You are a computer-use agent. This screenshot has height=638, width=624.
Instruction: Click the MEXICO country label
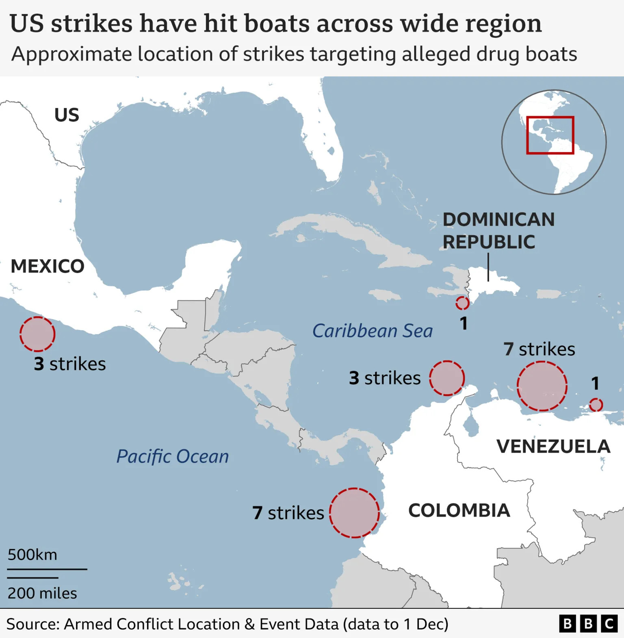(x=48, y=267)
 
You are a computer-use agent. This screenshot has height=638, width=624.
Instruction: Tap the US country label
(x=67, y=115)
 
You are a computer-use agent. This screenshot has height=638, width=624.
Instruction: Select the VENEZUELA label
(x=553, y=447)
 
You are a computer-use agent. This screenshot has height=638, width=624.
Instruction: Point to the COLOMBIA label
(x=459, y=510)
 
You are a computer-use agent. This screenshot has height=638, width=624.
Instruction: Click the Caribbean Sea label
(x=372, y=331)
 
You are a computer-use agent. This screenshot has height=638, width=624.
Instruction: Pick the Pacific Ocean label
(x=172, y=456)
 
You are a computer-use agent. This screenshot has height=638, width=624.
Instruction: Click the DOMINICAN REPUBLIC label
(x=498, y=230)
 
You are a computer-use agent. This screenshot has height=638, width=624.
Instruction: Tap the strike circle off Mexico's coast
(x=37, y=334)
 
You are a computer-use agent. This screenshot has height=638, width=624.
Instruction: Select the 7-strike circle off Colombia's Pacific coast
(x=354, y=513)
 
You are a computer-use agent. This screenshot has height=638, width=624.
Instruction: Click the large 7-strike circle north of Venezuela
(x=542, y=386)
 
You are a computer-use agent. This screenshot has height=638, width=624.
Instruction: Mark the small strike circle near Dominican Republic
(x=462, y=303)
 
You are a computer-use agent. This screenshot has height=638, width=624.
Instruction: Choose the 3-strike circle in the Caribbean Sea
(x=447, y=378)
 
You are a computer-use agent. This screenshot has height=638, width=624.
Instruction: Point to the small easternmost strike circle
(x=596, y=405)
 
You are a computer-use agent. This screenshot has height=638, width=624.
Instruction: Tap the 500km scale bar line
(x=47, y=569)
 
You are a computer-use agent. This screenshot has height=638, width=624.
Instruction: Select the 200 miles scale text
(x=42, y=593)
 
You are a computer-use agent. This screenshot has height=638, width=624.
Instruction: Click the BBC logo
(x=588, y=624)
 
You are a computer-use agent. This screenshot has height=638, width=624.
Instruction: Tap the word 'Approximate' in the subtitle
(x=72, y=54)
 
